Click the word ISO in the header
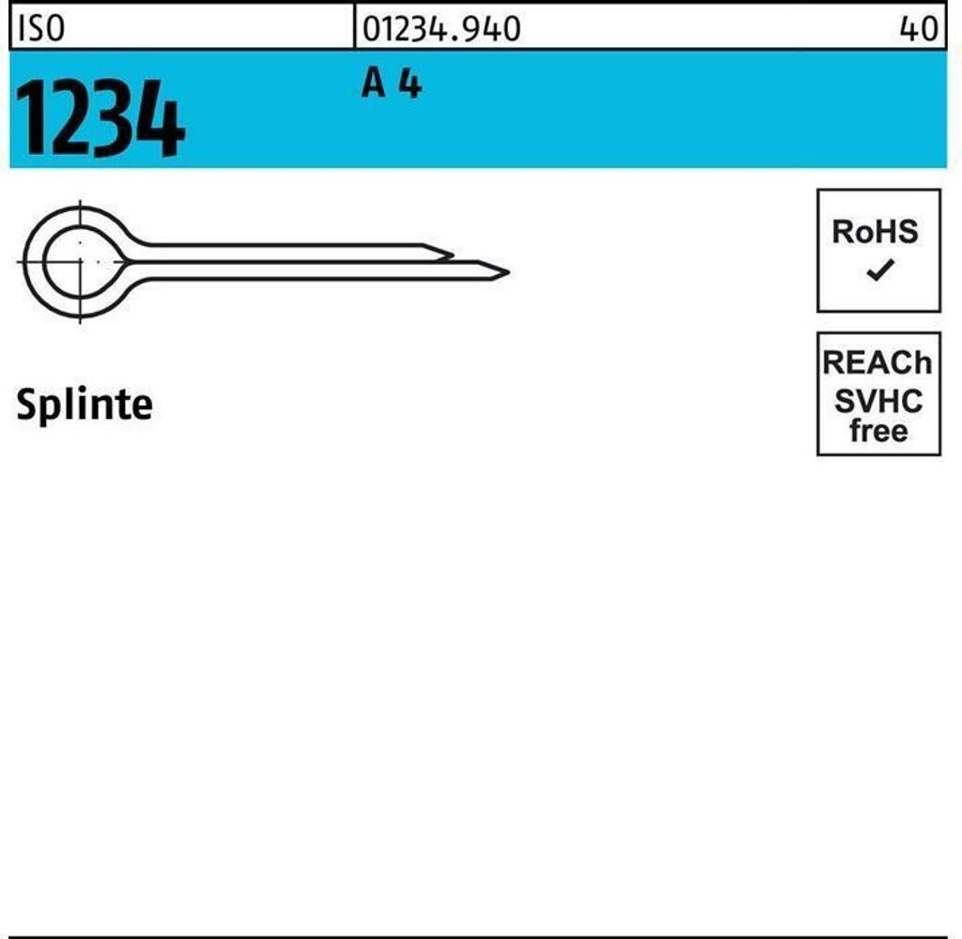coord(41,28)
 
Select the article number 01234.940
coord(442,28)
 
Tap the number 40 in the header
coord(919,28)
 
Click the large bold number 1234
coord(100,117)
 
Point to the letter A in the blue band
coord(374,84)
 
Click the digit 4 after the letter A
coord(411,84)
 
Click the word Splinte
coord(84,404)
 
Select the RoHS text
coord(876,232)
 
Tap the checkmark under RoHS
coord(879,270)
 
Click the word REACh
coord(877,362)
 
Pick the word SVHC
coord(878,401)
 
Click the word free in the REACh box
coord(878,431)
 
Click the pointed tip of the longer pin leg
coord(508,270)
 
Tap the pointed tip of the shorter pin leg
coord(453,254)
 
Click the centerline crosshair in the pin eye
coord(81,262)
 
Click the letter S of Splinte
coord(27,405)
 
